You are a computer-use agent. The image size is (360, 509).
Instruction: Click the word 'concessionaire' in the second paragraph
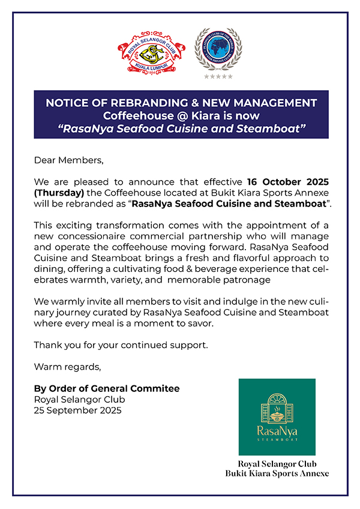click(x=82, y=237)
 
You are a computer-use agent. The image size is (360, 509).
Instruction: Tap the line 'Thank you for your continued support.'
click(x=120, y=345)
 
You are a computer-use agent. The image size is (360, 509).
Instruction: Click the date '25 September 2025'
click(x=77, y=411)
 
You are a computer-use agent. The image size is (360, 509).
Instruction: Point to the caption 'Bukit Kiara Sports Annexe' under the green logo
click(x=277, y=474)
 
